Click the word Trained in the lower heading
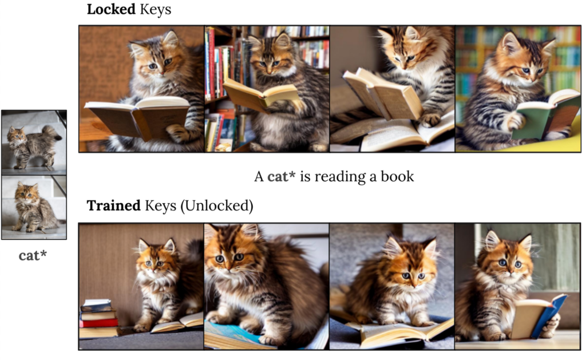coord(113,206)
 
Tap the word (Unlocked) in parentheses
coord(216,206)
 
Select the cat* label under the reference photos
coord(33,255)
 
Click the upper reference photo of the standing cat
coord(34,142)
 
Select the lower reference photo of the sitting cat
coord(34,207)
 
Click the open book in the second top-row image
coord(260,93)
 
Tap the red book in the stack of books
coord(97,322)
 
